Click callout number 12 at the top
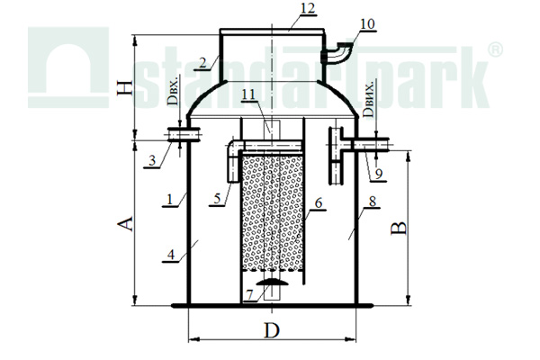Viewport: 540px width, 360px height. coord(308,8)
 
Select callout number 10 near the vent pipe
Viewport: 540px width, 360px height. coord(367,24)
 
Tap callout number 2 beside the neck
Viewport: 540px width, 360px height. coord(202,63)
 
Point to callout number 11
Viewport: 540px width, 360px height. coord(249,94)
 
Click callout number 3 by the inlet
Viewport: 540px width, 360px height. coord(152,160)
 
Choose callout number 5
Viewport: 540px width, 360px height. coord(217,199)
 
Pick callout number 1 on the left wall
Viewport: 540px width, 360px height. coord(169,199)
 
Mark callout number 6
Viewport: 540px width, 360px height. coord(319,203)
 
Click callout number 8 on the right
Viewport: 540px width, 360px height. coord(373,202)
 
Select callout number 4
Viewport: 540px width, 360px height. coord(171,256)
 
